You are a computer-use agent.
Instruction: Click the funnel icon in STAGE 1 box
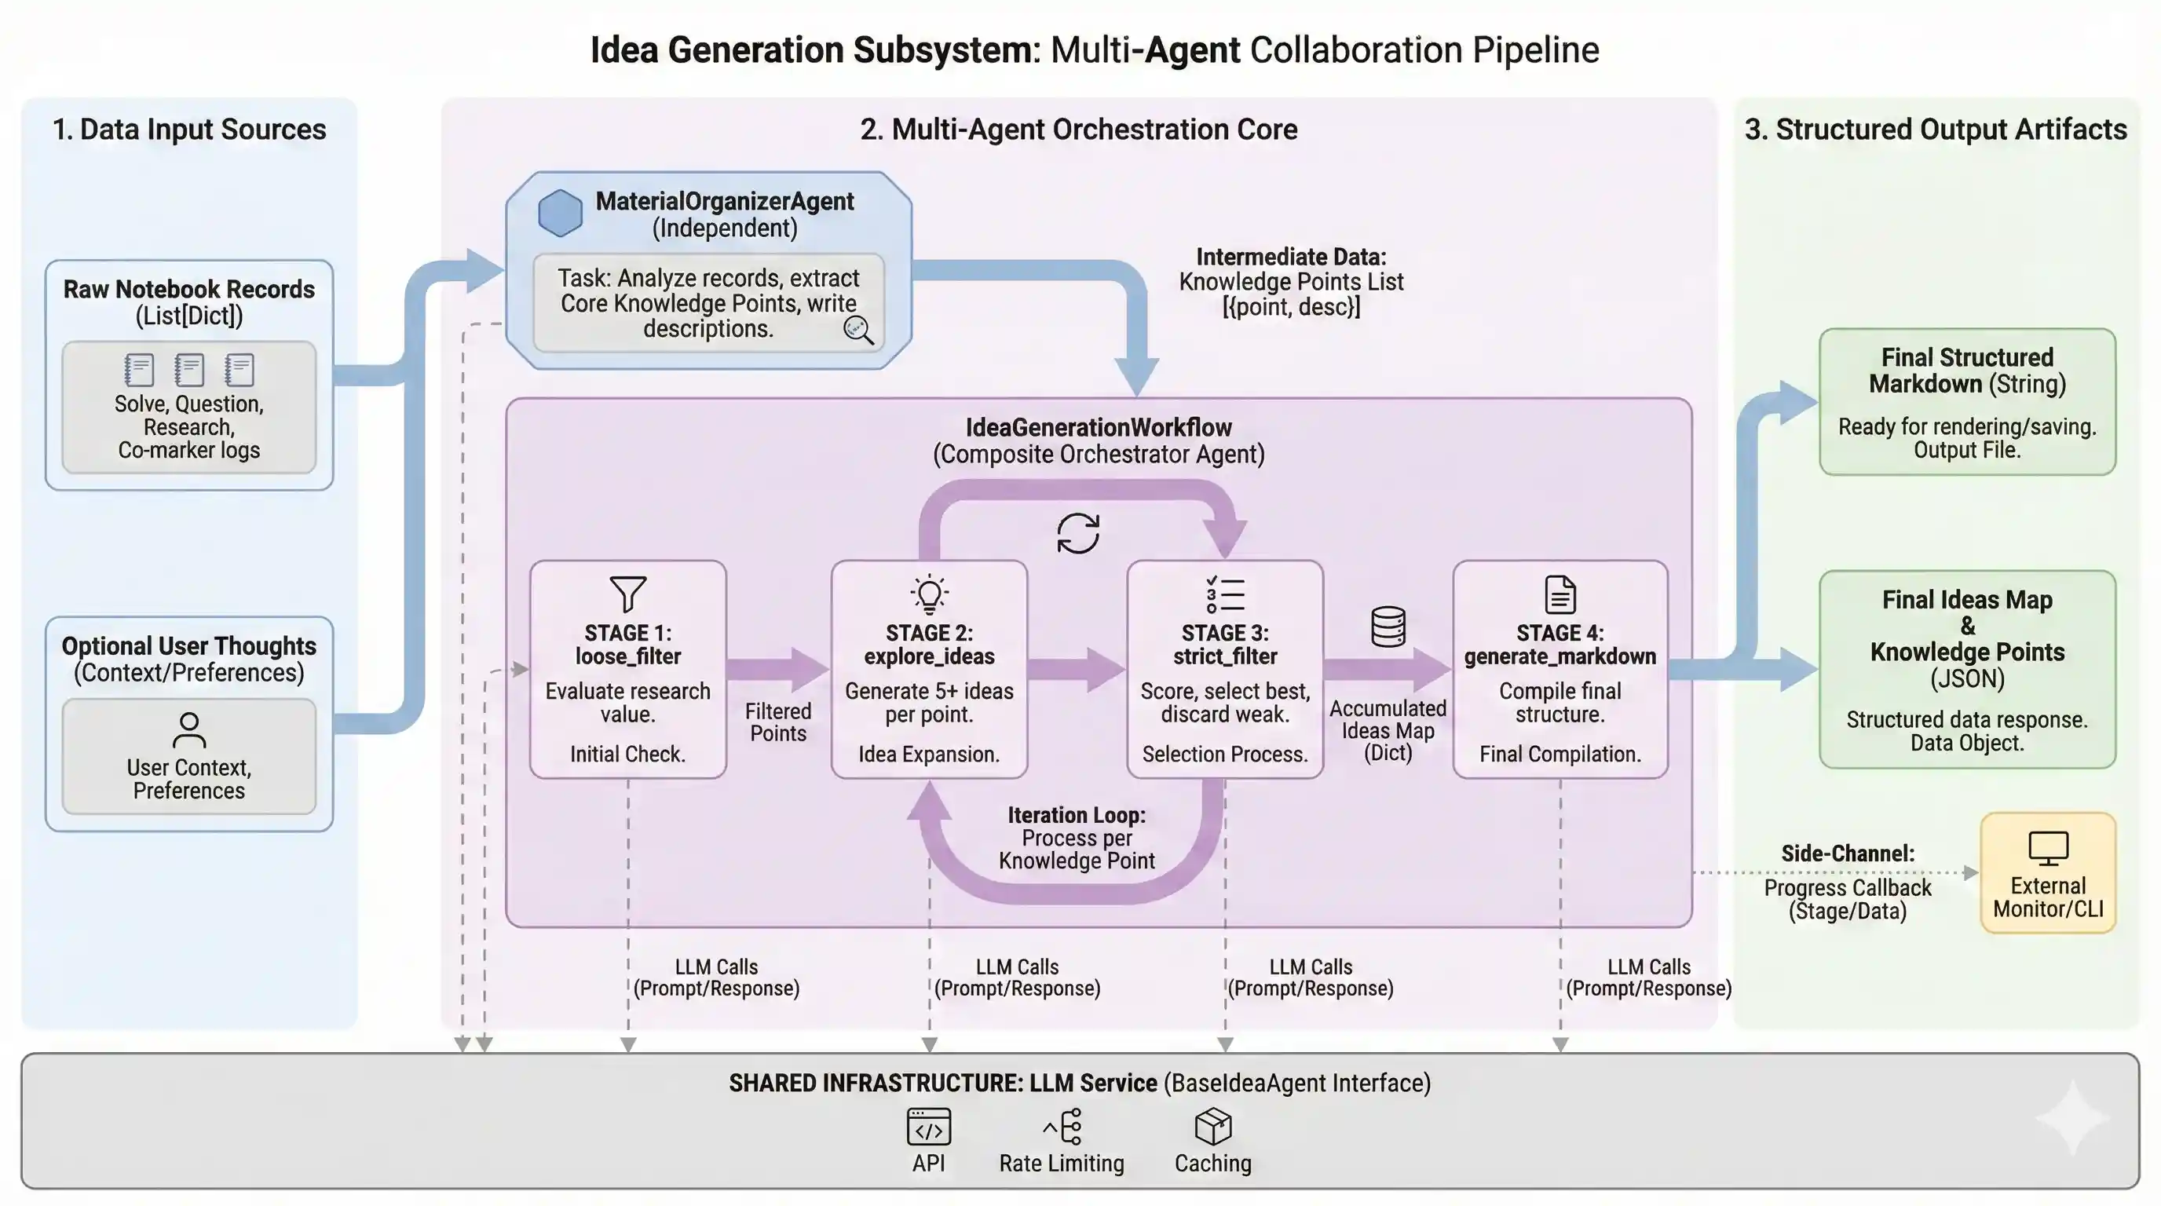point(627,594)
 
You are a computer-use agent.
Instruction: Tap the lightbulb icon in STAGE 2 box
point(929,594)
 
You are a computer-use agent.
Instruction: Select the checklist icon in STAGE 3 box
point(1225,594)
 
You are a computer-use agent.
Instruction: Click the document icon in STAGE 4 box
point(1560,594)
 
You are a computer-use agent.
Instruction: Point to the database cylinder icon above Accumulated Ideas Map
point(1388,627)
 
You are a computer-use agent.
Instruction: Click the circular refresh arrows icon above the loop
point(1078,533)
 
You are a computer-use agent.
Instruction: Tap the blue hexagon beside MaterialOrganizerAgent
point(560,213)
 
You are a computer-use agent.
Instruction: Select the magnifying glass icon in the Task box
point(858,331)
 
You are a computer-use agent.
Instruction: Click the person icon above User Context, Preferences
point(188,729)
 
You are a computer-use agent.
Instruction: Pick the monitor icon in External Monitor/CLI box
point(2048,848)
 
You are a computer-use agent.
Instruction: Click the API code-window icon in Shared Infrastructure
point(929,1127)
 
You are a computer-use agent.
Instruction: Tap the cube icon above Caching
point(1212,1127)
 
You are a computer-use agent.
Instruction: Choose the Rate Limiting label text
point(1061,1164)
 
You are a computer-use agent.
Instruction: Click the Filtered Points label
point(777,722)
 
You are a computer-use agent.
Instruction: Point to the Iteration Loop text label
point(1077,815)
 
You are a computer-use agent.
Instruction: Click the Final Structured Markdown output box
point(1966,402)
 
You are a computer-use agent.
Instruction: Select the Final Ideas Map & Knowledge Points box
point(1966,669)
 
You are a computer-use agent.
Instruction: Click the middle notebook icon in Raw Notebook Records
point(188,369)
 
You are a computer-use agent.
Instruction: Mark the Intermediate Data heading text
point(1290,257)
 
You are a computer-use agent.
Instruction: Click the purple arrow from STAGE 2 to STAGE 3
point(1076,668)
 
